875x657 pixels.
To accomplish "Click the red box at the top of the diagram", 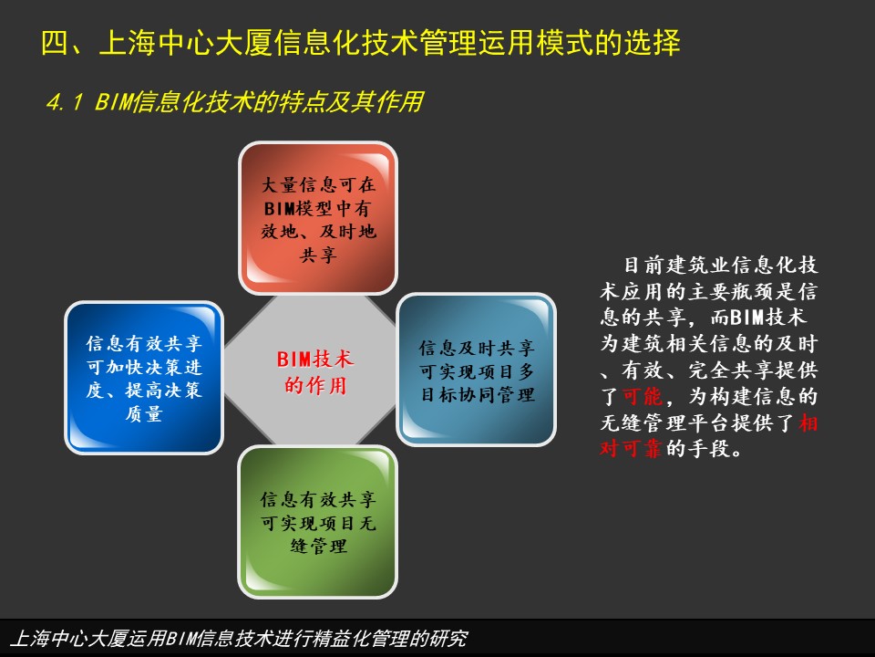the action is pos(318,218).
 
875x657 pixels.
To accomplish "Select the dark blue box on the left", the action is pos(144,378).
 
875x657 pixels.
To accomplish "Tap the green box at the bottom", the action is pos(318,522).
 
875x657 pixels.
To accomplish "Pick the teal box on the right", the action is pos(476,370).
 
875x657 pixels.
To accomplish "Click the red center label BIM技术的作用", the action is pos(315,372).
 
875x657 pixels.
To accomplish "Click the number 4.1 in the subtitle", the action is pos(65,102).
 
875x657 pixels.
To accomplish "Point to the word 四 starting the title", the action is pos(55,43).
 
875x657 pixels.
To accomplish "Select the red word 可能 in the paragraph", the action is pos(643,396).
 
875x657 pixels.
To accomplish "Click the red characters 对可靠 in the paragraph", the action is pos(631,449).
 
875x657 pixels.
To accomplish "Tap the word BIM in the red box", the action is pos(279,208).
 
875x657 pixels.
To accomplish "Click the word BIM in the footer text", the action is pos(180,638).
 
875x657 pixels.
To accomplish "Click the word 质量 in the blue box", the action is pos(144,413).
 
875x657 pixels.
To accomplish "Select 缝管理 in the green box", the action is pos(318,546).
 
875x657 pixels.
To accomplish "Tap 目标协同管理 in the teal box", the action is pos(478,394).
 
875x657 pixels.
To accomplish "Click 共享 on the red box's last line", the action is pos(318,255).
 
